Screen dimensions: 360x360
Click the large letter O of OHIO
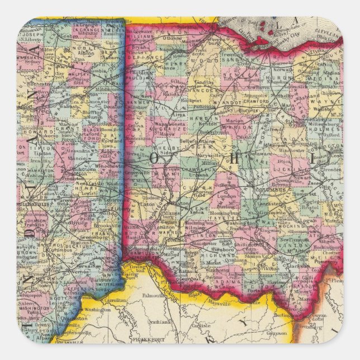click(154, 158)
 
